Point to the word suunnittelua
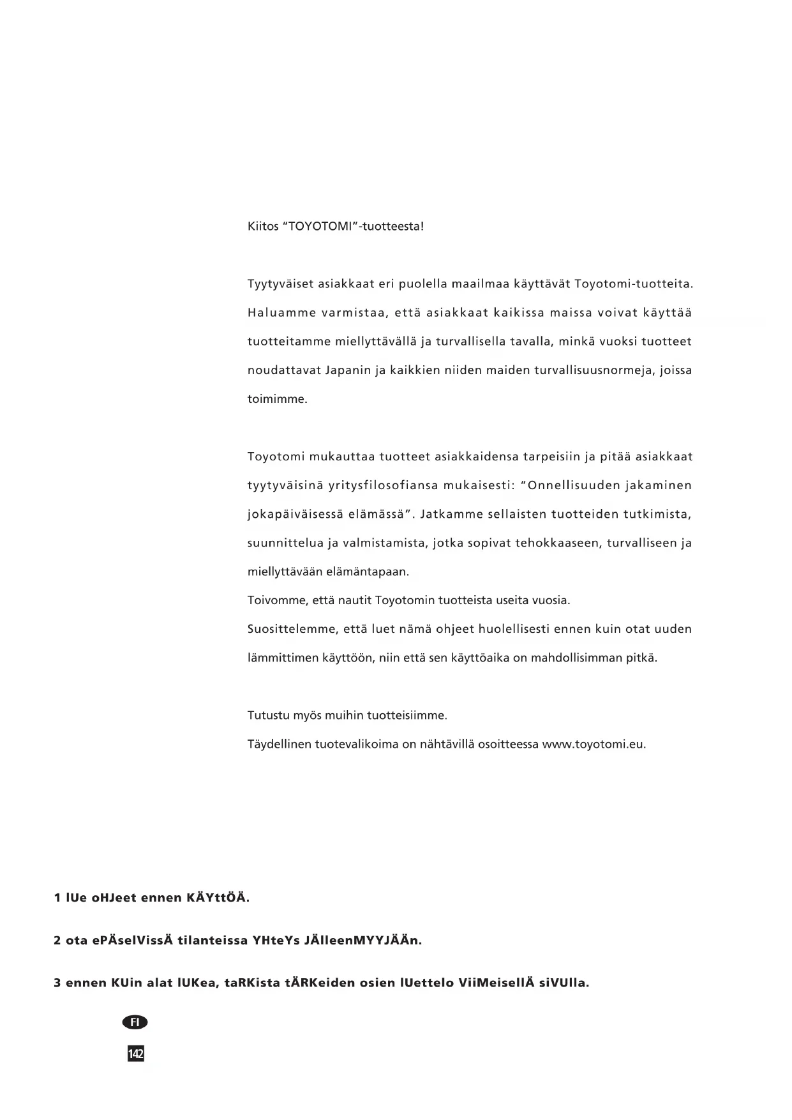point(285,543)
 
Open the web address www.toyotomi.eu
point(594,745)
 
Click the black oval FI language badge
point(135,1022)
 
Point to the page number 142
point(135,1054)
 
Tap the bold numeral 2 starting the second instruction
point(57,941)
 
